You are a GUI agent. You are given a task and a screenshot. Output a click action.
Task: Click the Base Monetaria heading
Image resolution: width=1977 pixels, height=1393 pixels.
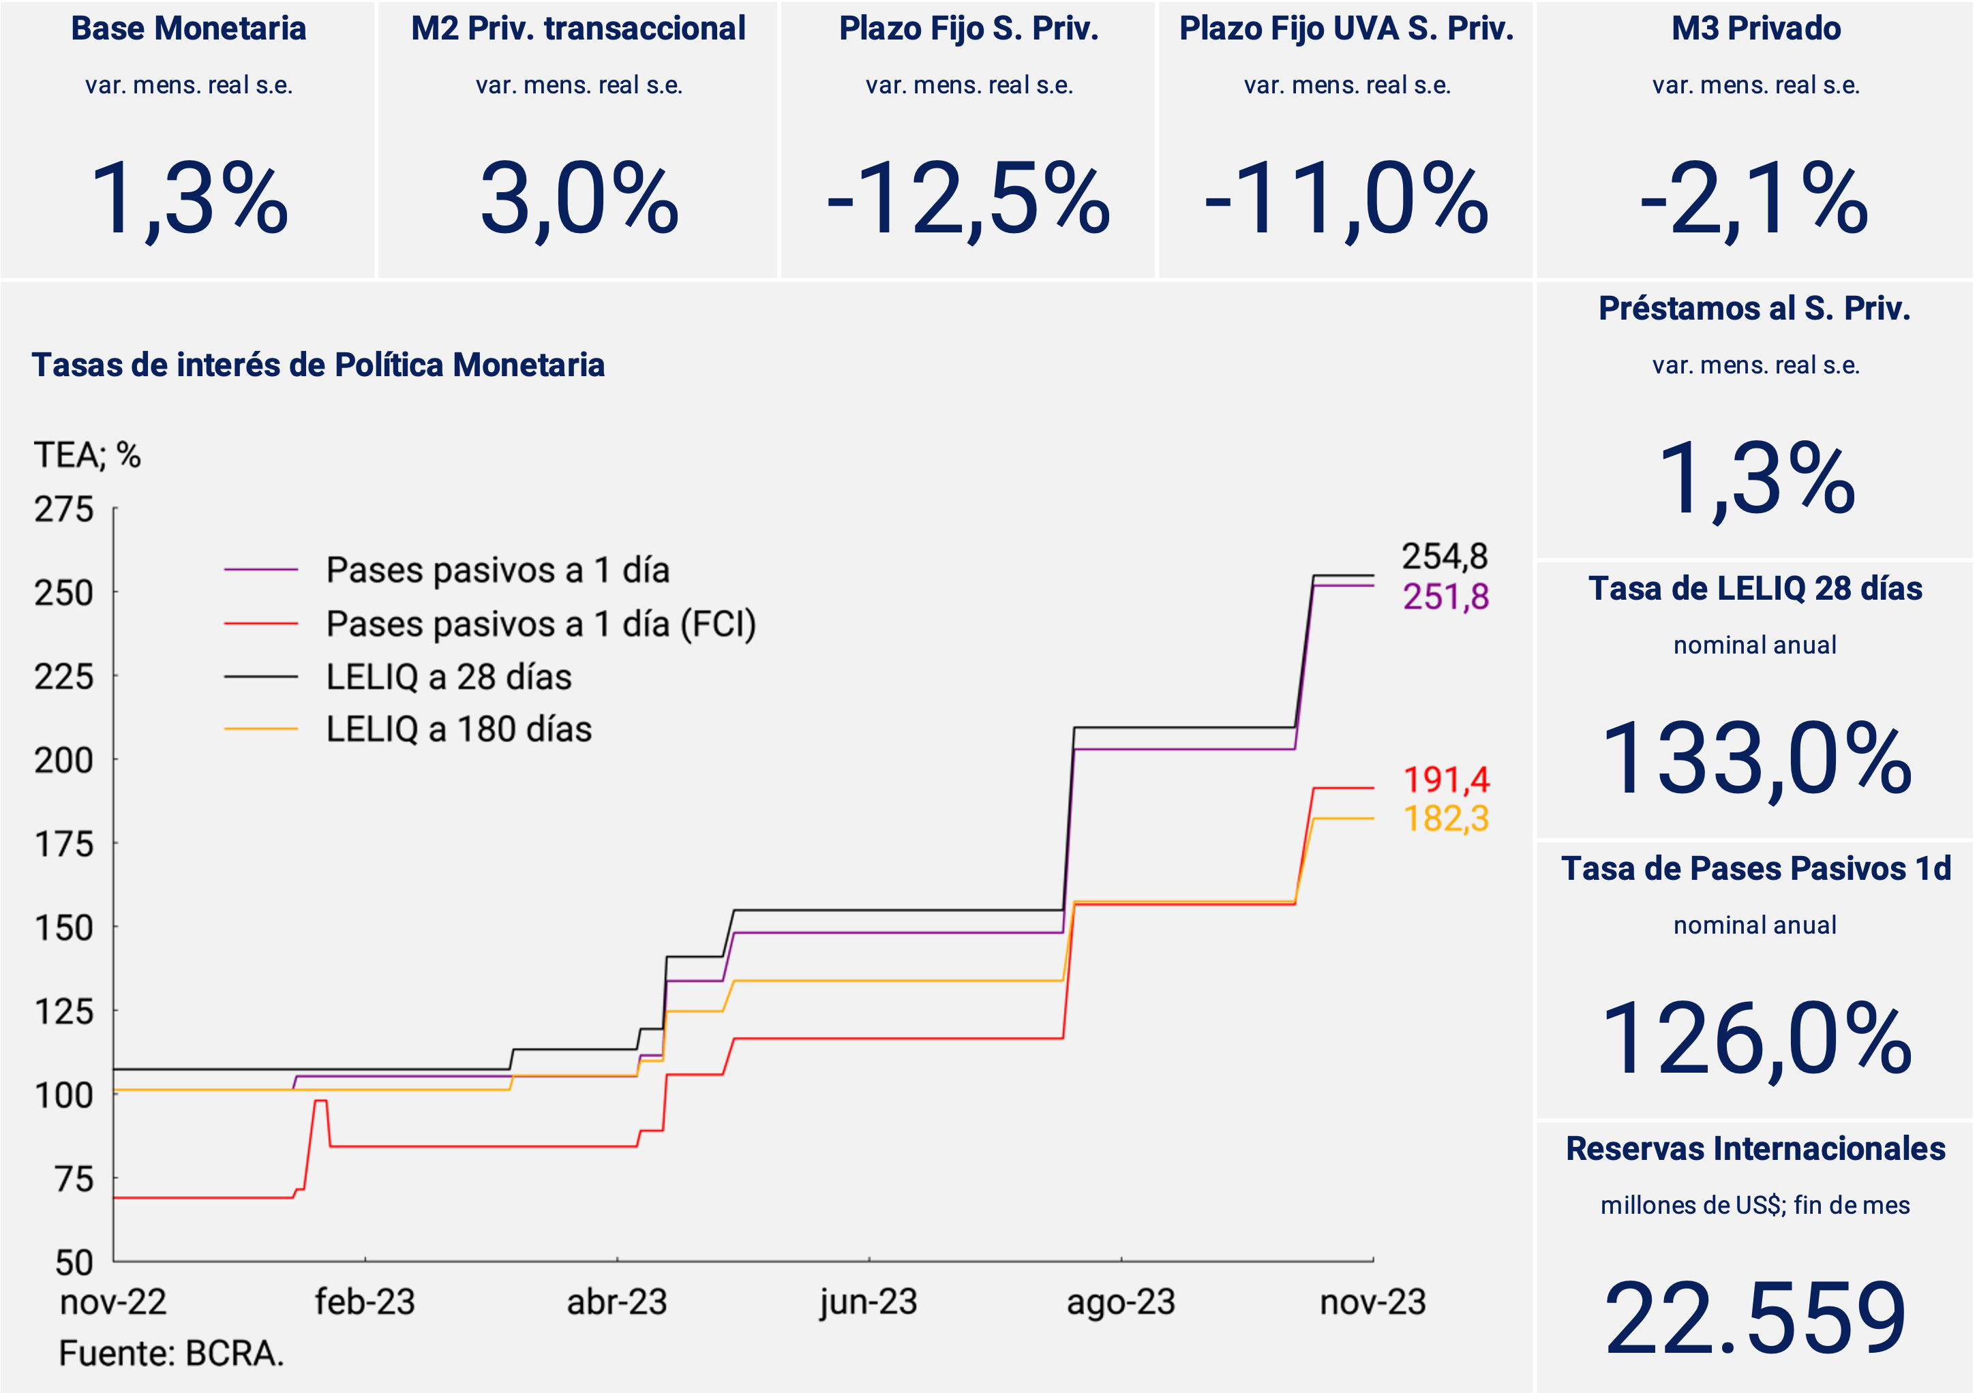click(189, 29)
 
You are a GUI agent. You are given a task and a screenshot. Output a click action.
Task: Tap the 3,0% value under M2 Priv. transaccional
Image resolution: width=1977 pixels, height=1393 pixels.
click(579, 200)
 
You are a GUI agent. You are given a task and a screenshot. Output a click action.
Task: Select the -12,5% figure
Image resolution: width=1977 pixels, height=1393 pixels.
click(968, 200)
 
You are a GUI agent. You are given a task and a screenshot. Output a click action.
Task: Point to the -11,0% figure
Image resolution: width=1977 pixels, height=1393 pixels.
click(1346, 200)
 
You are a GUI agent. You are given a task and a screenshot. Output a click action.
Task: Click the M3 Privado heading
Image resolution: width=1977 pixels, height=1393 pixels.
click(1755, 29)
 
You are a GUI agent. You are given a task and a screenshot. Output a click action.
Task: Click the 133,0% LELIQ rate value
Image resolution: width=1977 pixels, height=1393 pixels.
click(1755, 759)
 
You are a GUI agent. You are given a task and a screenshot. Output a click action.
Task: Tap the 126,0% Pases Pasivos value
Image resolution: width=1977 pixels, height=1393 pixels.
click(1755, 1039)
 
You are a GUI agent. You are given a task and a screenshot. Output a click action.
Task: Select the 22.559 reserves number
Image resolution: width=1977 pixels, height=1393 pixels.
click(1755, 1318)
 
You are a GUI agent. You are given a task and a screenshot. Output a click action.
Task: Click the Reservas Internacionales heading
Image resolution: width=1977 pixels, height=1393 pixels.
click(1755, 1148)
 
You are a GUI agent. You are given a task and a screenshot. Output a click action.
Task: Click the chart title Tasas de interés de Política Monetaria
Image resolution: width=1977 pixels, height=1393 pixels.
click(318, 365)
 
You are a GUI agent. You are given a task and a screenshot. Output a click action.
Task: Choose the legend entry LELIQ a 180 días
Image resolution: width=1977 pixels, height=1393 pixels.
click(458, 729)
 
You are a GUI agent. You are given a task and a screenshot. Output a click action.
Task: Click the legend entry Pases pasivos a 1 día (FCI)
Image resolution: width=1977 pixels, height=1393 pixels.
click(541, 624)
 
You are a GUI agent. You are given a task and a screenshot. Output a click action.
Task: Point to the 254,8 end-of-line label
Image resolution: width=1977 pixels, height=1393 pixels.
click(1445, 556)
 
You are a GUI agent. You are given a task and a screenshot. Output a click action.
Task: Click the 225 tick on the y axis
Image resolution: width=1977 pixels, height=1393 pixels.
click(63, 677)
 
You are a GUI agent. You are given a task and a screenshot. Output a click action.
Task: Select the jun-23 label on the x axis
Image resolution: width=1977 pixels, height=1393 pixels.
click(868, 1302)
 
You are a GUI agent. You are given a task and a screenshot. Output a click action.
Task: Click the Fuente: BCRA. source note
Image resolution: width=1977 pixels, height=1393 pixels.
click(171, 1353)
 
